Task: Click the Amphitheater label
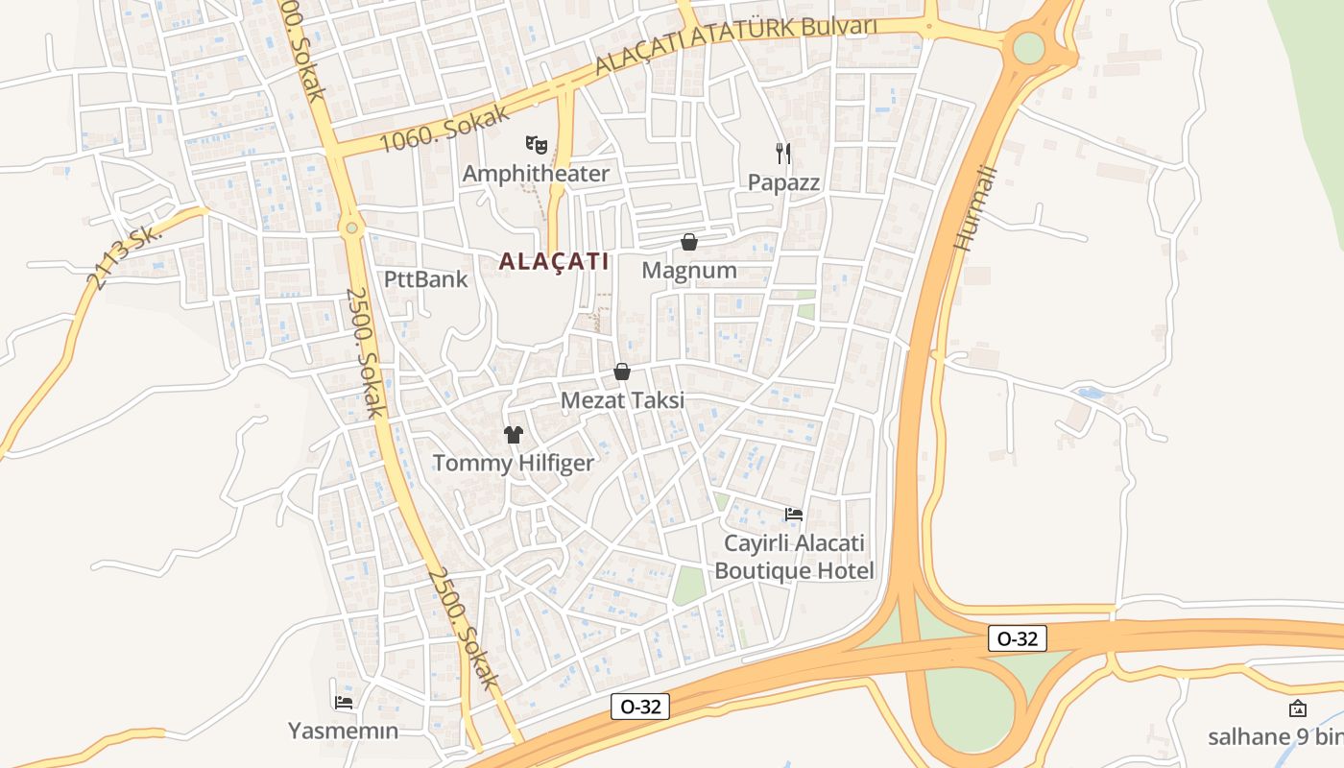point(536,174)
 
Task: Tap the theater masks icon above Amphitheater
point(536,145)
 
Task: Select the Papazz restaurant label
point(783,182)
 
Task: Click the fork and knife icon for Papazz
point(783,153)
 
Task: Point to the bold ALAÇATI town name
point(554,261)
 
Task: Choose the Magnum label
point(689,271)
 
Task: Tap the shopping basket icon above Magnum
point(689,242)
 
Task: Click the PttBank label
point(425,279)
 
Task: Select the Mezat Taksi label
point(622,400)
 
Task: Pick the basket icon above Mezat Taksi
point(622,372)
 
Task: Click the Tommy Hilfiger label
point(514,464)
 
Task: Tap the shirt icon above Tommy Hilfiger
point(514,435)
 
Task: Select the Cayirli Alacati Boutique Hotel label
point(794,557)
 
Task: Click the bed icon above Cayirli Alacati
point(794,515)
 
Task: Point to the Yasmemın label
point(343,731)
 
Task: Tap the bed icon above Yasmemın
point(343,703)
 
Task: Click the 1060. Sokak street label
point(444,129)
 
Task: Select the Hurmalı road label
point(977,209)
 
